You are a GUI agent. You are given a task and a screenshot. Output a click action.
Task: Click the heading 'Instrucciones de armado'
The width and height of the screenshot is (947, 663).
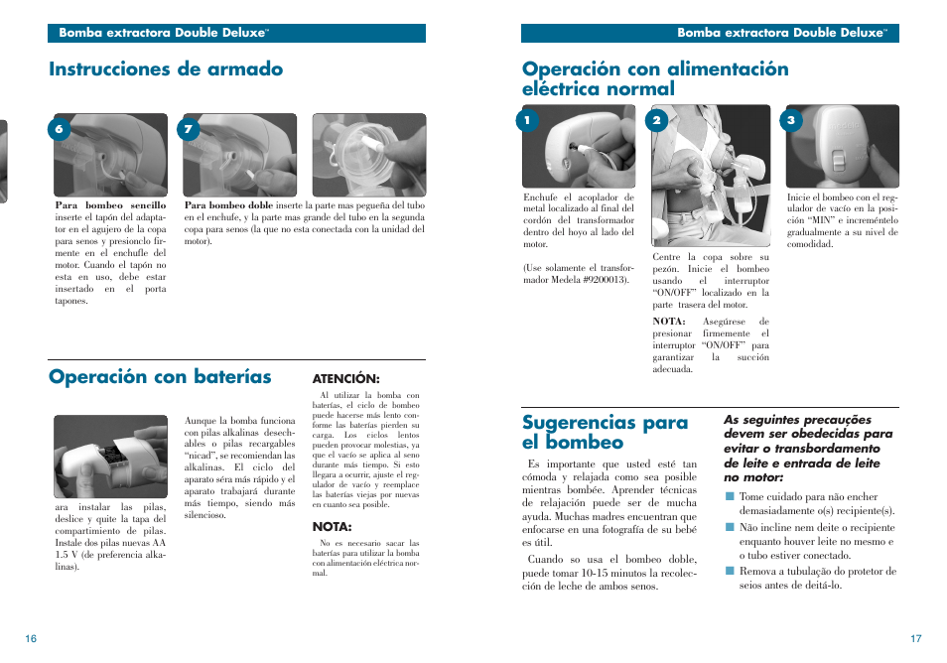click(166, 69)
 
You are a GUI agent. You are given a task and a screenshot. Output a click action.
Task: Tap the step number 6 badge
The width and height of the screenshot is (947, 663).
click(60, 129)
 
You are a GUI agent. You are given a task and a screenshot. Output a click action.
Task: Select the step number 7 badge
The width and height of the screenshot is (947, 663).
click(188, 129)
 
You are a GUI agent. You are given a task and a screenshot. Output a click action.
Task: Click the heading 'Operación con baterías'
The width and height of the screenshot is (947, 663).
click(160, 377)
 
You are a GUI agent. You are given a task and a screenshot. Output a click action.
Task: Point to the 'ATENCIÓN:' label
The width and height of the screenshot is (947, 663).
click(346, 379)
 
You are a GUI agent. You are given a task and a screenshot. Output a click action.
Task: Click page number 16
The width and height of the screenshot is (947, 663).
click(32, 639)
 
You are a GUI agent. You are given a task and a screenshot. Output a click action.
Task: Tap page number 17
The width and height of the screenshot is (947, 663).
click(915, 639)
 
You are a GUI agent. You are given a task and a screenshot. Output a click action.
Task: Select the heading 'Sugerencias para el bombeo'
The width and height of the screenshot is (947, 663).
click(605, 433)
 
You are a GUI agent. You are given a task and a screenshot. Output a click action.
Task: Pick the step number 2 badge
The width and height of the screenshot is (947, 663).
click(656, 121)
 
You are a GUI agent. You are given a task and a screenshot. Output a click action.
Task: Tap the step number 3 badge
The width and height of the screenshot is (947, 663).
click(790, 121)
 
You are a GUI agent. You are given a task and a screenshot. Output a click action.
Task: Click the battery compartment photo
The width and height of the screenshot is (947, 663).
click(110, 456)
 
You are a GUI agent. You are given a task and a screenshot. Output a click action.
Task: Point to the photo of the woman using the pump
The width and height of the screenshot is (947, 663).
click(711, 175)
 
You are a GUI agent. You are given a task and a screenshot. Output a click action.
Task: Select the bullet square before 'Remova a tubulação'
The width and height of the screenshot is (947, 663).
click(729, 571)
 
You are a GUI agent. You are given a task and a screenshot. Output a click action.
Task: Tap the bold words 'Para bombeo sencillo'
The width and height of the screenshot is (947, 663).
click(110, 205)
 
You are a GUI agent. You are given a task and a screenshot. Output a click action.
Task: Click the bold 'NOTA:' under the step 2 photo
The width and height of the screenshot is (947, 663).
click(669, 321)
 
